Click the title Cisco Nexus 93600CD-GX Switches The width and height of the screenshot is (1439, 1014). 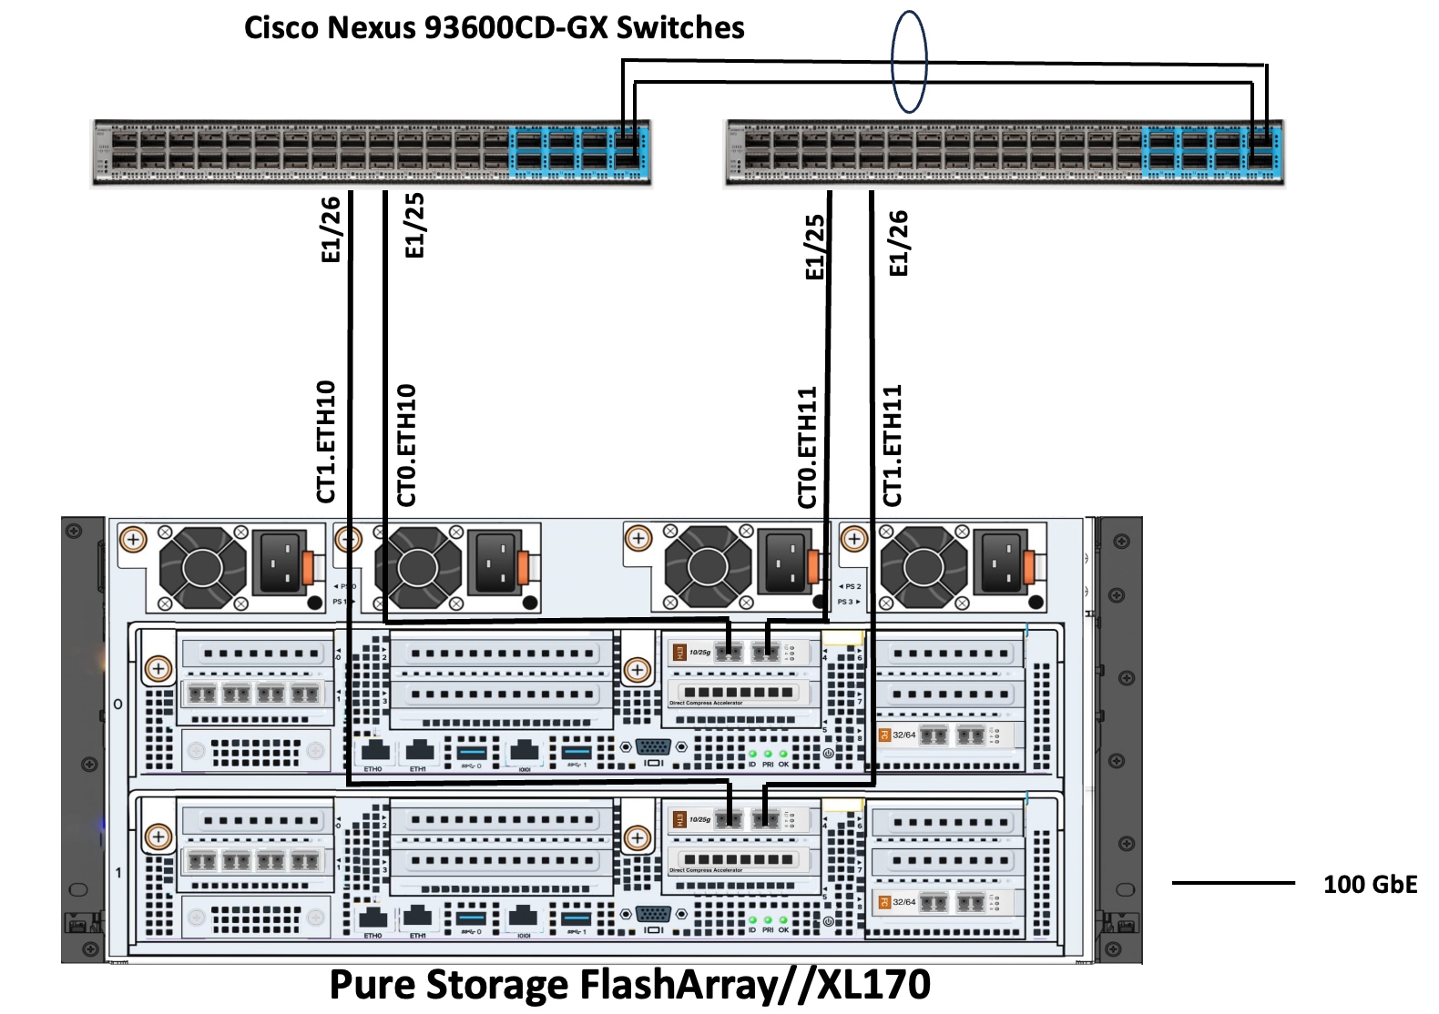click(494, 27)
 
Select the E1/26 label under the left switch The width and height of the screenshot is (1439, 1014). click(331, 229)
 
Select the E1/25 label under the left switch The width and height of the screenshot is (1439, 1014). click(414, 225)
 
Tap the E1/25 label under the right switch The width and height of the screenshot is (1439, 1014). click(815, 247)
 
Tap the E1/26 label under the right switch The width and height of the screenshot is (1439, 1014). click(898, 243)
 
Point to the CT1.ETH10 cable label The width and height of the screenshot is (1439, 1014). click(326, 441)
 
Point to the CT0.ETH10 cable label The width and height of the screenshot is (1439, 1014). click(406, 444)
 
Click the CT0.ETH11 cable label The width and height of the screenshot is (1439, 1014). click(807, 447)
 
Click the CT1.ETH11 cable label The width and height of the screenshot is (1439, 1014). click(892, 445)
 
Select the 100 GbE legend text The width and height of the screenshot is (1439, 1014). click(1370, 884)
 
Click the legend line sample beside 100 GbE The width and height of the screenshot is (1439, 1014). click(1232, 882)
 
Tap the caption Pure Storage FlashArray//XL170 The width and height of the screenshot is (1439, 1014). click(629, 985)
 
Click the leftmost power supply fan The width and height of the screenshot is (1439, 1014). click(202, 568)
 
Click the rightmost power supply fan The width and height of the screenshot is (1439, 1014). click(924, 568)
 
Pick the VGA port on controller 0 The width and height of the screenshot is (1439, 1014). click(653, 747)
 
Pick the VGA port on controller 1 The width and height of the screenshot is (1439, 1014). click(653, 914)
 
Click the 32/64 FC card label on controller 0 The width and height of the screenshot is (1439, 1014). click(903, 735)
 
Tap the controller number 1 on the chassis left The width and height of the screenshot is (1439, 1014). click(118, 872)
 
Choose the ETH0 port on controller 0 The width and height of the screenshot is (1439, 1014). click(374, 752)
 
